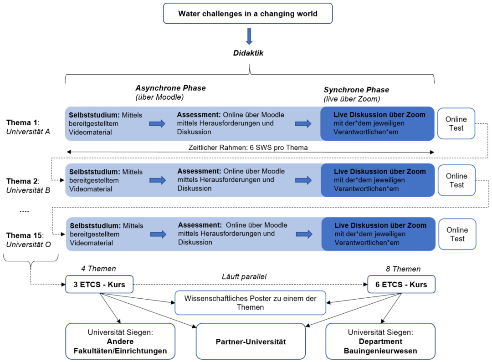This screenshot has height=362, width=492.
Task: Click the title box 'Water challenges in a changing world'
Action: (x=248, y=14)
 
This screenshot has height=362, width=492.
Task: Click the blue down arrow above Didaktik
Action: (x=249, y=36)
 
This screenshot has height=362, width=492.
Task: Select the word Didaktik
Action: (x=248, y=53)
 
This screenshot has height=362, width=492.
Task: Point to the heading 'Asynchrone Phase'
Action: (x=170, y=88)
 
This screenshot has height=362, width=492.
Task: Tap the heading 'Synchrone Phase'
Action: (x=356, y=90)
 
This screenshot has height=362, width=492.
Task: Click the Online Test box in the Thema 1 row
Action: (x=456, y=123)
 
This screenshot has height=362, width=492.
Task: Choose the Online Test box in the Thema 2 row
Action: (x=456, y=180)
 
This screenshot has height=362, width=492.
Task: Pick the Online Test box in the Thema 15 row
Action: (x=456, y=234)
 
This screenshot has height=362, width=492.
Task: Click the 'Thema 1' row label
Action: (x=23, y=122)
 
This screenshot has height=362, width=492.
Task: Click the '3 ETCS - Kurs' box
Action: (x=99, y=285)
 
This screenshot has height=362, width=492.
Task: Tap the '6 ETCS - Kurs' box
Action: (x=401, y=285)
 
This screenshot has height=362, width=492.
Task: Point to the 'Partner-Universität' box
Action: (x=251, y=341)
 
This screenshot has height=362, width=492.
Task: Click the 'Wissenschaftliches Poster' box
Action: (x=251, y=303)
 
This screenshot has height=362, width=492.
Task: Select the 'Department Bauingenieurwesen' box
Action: (x=380, y=341)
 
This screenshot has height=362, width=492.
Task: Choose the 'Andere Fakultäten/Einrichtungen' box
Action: (x=120, y=341)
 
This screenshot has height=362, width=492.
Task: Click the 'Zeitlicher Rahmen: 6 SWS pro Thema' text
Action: (x=248, y=148)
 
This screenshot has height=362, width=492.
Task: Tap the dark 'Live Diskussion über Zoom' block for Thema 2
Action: (x=378, y=180)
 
